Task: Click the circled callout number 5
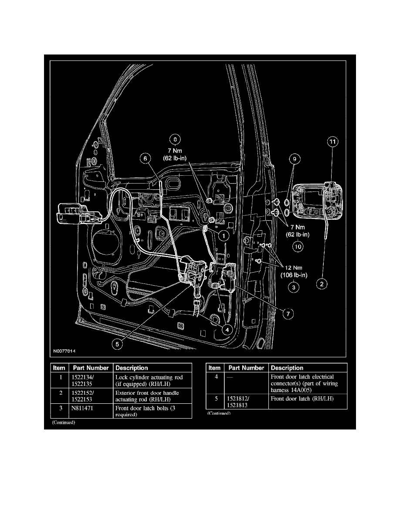pyautogui.click(x=116, y=344)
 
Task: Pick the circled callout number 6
pyautogui.click(x=145, y=159)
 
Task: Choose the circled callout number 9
pyautogui.click(x=295, y=160)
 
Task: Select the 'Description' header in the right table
pyautogui.click(x=287, y=368)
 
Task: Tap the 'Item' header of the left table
pyautogui.click(x=59, y=368)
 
